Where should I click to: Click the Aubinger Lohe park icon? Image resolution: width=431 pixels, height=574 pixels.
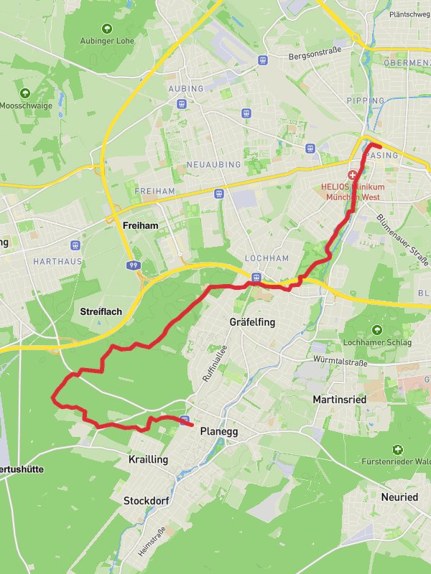click(x=107, y=29)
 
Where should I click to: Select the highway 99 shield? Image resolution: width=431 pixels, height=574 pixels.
click(x=133, y=265)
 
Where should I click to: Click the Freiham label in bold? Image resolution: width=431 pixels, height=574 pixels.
click(x=140, y=225)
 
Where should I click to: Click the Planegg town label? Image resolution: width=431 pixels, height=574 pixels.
click(x=218, y=432)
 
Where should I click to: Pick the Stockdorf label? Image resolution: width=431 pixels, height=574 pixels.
click(x=146, y=500)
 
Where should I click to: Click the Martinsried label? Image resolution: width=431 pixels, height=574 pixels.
click(x=340, y=398)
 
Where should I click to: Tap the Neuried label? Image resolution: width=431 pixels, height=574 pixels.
click(x=399, y=497)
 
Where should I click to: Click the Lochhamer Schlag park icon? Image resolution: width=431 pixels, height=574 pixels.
click(x=376, y=330)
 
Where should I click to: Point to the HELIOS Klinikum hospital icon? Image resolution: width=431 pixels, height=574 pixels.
click(x=353, y=175)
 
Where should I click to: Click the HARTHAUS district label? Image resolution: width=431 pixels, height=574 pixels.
click(x=57, y=262)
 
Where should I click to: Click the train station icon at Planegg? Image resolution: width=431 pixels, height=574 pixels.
click(x=185, y=420)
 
